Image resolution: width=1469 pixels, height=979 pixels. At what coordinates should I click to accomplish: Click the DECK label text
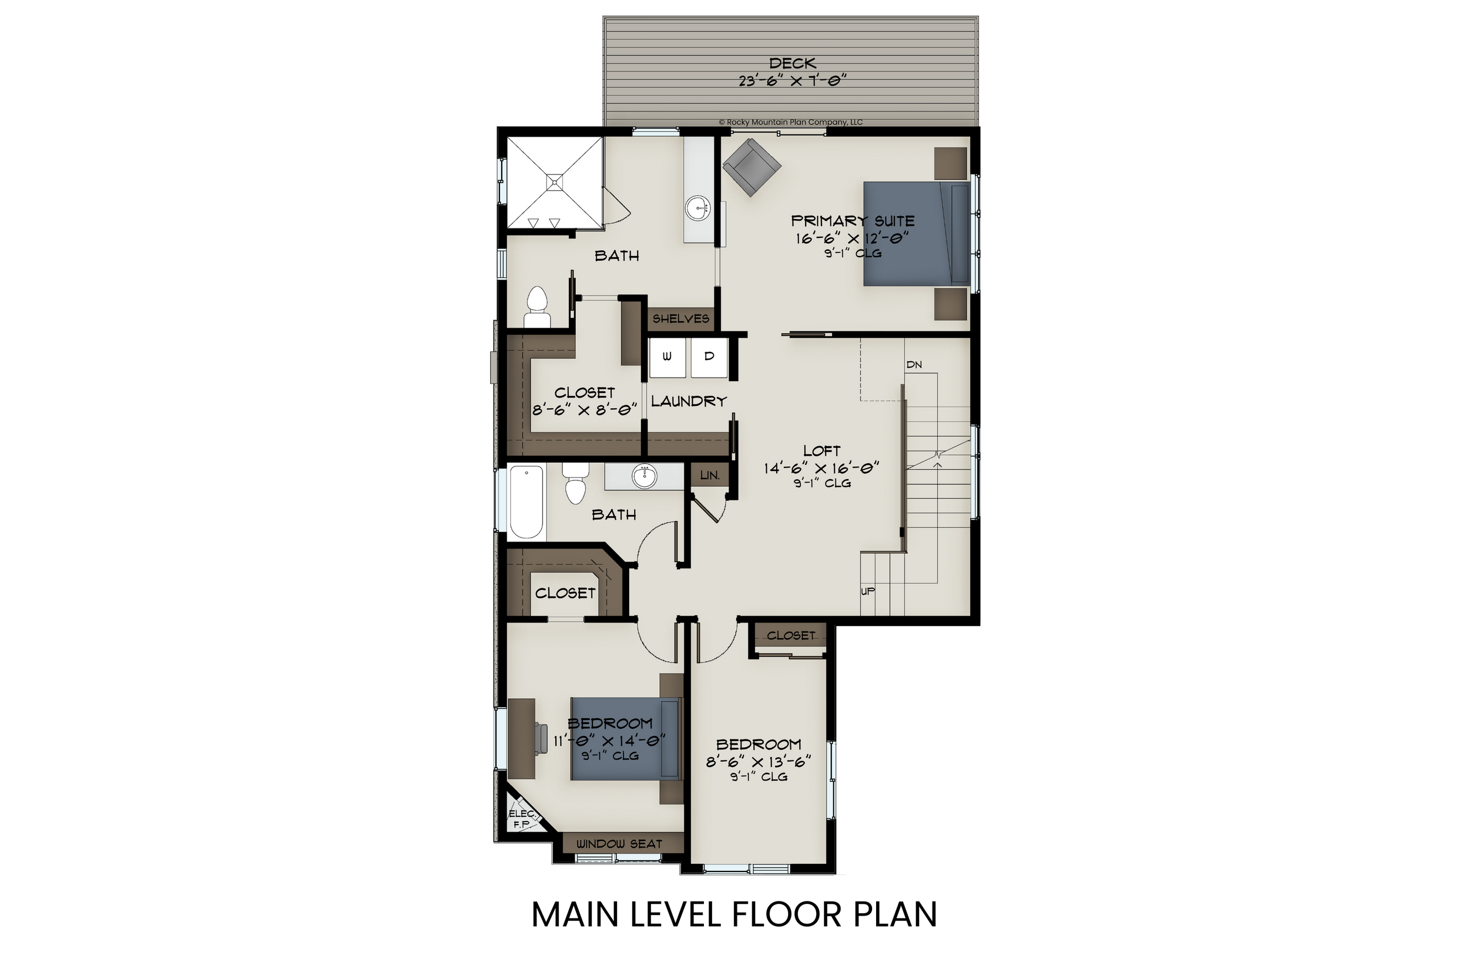tap(792, 63)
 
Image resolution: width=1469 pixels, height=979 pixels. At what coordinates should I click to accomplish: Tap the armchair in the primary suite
tap(752, 167)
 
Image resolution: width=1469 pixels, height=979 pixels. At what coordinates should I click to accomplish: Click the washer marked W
tap(667, 357)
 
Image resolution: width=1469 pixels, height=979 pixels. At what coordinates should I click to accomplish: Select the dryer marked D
tap(709, 357)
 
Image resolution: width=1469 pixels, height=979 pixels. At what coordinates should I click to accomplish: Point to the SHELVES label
tap(681, 319)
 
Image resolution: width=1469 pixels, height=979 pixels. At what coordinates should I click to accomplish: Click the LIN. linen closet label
tap(709, 476)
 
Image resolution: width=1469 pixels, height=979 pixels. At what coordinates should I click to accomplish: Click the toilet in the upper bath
tap(537, 308)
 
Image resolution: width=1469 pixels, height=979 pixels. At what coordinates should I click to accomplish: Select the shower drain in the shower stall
tap(555, 181)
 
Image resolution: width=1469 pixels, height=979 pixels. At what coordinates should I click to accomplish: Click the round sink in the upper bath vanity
tap(697, 207)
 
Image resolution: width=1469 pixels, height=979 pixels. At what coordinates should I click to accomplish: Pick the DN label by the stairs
tap(914, 365)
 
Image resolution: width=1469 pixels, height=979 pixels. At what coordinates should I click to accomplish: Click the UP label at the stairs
tap(867, 591)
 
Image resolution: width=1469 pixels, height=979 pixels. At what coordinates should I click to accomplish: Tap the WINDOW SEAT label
tap(619, 844)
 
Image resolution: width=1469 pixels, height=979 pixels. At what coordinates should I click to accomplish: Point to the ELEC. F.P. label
tap(522, 819)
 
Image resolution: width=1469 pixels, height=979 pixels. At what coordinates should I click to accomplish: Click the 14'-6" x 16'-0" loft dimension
tap(821, 468)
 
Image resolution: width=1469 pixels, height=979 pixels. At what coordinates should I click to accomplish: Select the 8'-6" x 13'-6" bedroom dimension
tap(758, 762)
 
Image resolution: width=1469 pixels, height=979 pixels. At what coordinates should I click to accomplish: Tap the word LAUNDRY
tap(689, 402)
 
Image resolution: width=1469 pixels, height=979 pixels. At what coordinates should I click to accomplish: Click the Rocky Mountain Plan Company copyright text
tap(791, 122)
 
